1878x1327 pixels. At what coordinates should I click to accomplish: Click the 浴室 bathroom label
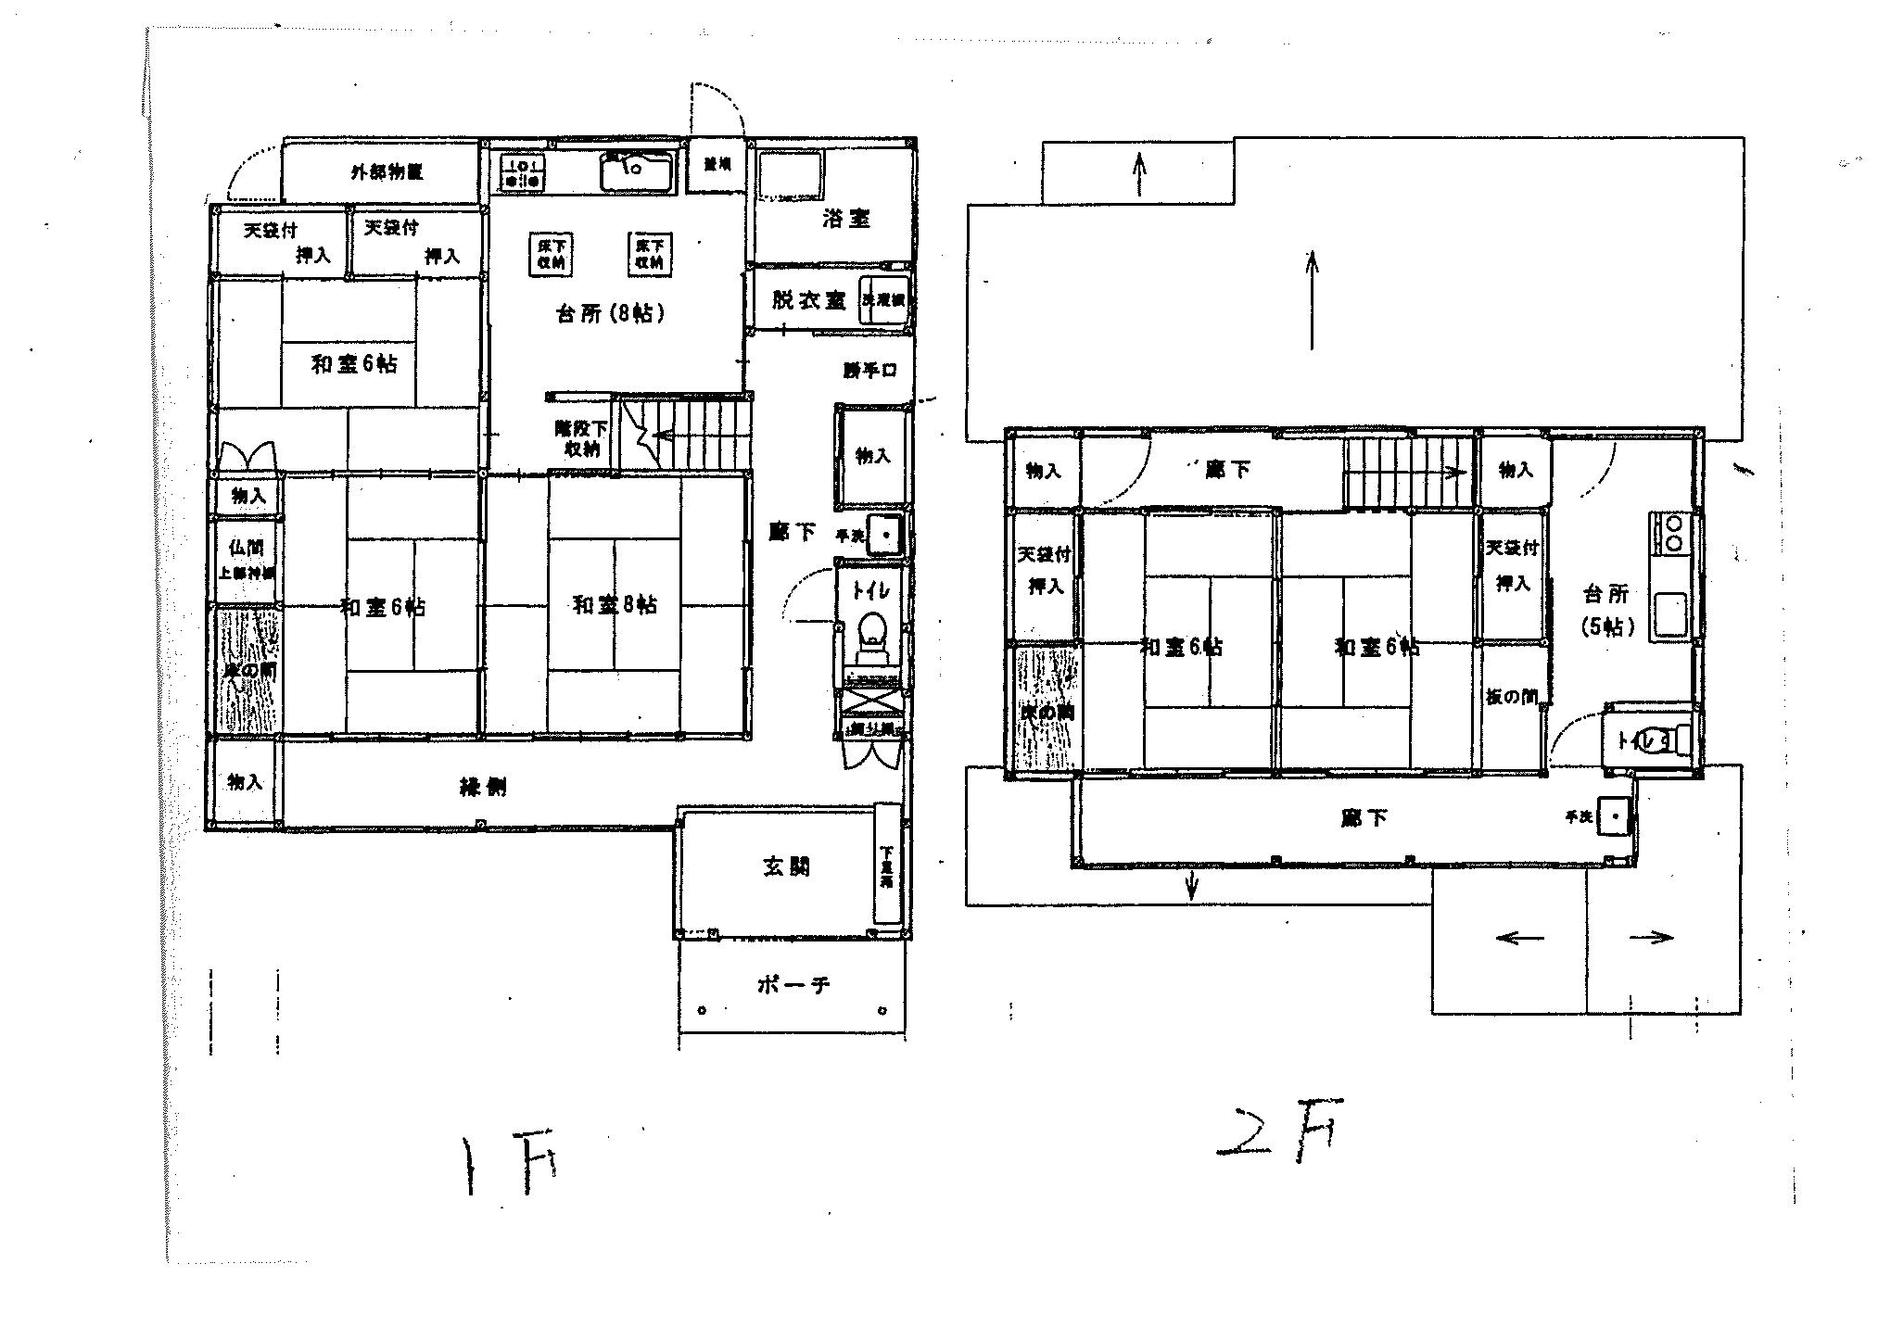pos(845,219)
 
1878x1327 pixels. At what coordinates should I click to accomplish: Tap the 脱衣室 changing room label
pos(808,301)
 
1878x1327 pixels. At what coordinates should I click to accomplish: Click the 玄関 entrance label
pos(786,866)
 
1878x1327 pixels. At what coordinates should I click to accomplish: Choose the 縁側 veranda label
pos(483,789)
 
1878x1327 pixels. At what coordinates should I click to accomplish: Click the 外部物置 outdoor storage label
pos(386,172)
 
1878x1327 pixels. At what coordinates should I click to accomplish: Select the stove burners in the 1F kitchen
pos(523,173)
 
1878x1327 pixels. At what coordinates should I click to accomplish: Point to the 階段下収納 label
pos(581,439)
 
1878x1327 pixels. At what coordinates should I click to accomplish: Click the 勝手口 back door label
pos(869,371)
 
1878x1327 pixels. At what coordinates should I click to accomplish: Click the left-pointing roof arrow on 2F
pos(1519,938)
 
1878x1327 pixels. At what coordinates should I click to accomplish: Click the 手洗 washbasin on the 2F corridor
pos(1616,816)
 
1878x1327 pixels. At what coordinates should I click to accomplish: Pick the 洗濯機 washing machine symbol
pos(883,300)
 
